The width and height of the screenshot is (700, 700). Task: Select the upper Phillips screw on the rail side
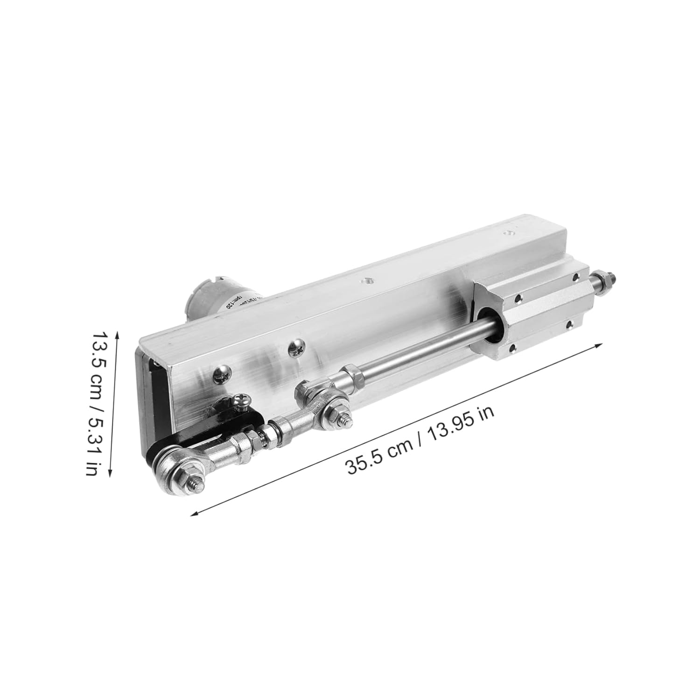click(x=295, y=347)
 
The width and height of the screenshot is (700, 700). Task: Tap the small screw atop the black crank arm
click(x=243, y=399)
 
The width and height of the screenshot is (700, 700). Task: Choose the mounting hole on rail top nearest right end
click(x=507, y=232)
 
